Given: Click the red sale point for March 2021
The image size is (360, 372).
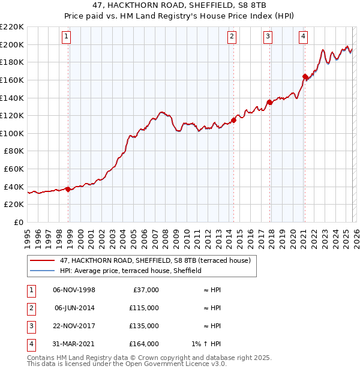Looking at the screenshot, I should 305,76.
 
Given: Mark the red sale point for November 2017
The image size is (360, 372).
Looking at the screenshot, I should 269,102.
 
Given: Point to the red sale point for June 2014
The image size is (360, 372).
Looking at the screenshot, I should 233,120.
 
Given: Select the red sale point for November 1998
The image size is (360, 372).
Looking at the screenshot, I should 68,189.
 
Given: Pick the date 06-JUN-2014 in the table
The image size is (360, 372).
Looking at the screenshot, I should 74,308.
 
